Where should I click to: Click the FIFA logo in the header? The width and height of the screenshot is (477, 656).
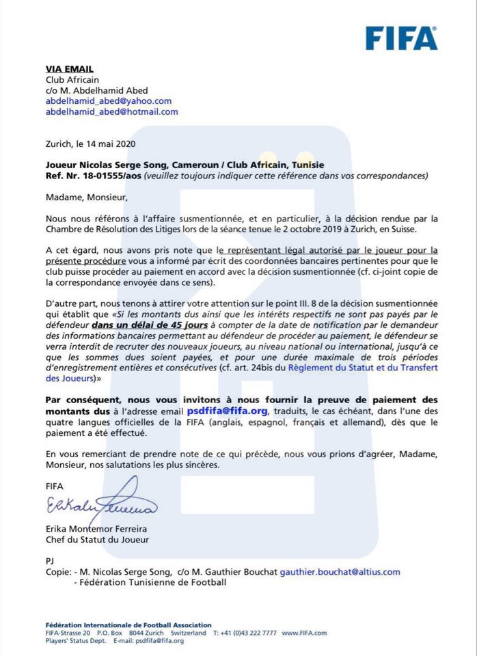click(x=401, y=38)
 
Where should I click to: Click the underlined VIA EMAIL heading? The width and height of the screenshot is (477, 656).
click(x=69, y=69)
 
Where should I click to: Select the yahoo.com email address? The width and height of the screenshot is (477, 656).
click(x=109, y=101)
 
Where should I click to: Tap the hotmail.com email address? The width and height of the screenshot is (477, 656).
click(x=111, y=111)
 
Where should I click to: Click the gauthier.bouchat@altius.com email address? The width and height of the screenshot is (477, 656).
click(x=340, y=572)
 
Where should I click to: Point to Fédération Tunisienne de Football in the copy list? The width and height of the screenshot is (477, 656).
click(x=149, y=582)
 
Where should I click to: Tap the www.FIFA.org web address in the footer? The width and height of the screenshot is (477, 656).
click(x=301, y=633)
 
